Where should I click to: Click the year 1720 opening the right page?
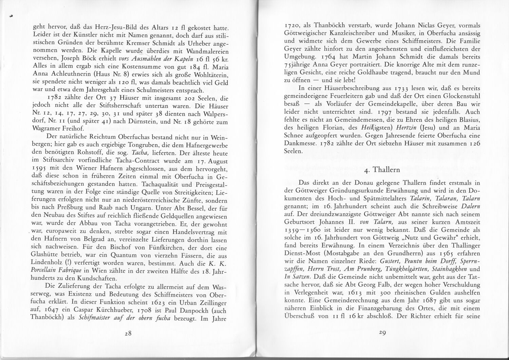292,25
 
